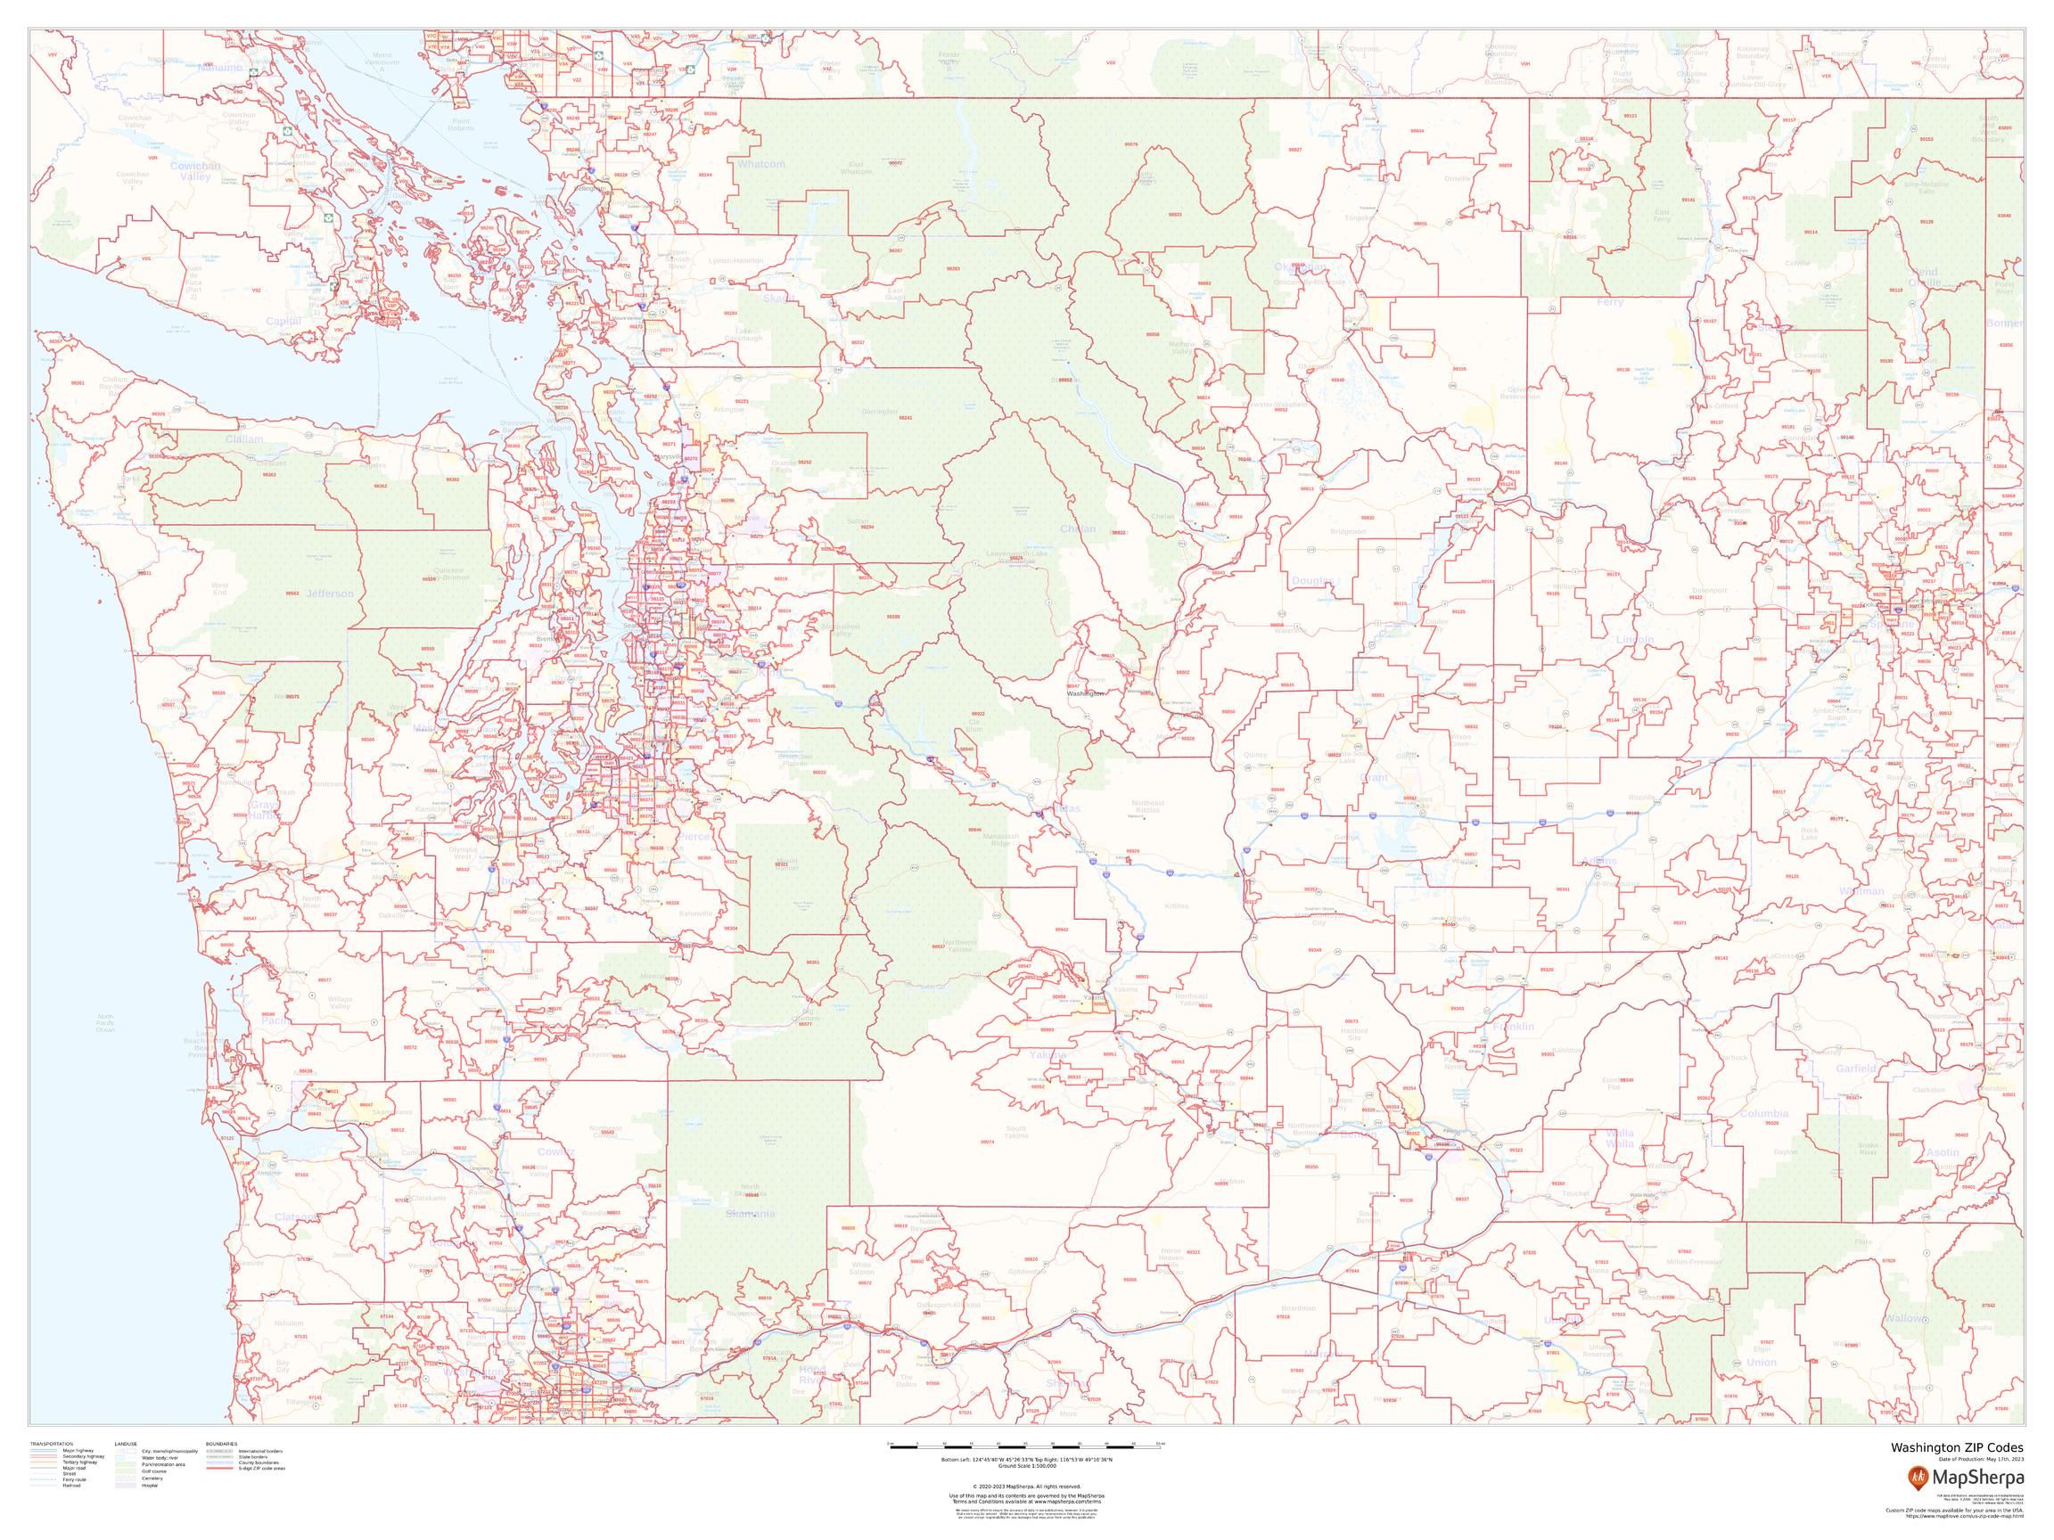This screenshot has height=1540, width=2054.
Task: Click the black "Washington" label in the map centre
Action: pos(1085,693)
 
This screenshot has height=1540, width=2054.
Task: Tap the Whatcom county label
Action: pos(760,164)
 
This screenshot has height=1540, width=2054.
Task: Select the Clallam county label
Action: pos(244,439)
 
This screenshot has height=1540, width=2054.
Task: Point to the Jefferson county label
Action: pos(330,594)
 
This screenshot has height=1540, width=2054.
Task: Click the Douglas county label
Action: pos(1312,580)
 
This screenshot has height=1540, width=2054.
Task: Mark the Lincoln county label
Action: pos(1633,640)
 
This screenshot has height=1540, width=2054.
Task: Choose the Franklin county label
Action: pos(1515,1027)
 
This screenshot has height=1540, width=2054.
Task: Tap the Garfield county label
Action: pos(1856,1069)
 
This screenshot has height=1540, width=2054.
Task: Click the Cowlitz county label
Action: pos(556,1151)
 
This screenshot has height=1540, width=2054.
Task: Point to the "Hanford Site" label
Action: pos(1355,1032)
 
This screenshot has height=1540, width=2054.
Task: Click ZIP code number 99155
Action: pos(1582,169)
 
